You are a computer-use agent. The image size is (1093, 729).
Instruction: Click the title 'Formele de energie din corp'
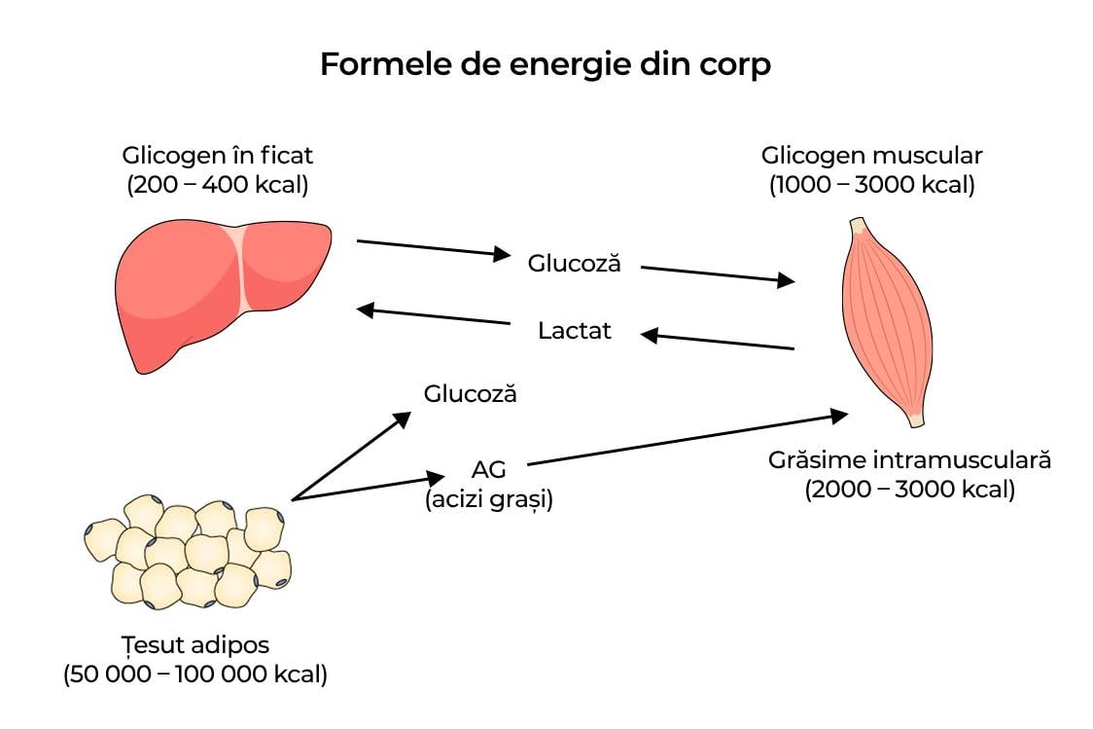tap(546, 65)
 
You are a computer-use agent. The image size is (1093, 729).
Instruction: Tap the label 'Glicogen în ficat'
tap(218, 156)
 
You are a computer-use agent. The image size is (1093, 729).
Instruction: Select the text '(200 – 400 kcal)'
tap(218, 185)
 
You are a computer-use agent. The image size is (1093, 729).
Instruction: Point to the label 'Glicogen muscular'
tap(871, 156)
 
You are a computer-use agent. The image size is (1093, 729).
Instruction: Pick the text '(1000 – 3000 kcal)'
tap(871, 185)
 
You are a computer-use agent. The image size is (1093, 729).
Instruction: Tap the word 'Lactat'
tap(575, 331)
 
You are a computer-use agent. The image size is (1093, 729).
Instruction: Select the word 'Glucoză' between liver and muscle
tap(574, 263)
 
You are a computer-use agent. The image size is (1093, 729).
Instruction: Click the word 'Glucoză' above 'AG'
tap(470, 394)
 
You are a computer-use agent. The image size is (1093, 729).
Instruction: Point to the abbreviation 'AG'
tap(488, 470)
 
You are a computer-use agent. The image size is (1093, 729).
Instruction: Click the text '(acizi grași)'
tap(488, 500)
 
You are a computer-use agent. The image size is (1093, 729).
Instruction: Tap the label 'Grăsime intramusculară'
tap(909, 459)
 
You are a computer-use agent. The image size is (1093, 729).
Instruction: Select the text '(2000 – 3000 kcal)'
tap(909, 490)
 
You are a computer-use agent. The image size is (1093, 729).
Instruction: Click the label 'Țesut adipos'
tap(195, 644)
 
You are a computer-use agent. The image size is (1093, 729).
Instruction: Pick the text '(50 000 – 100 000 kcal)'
tap(195, 674)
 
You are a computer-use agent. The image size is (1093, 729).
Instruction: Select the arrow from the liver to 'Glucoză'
tap(433, 247)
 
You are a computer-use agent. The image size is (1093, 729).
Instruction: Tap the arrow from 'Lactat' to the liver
tap(433, 316)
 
